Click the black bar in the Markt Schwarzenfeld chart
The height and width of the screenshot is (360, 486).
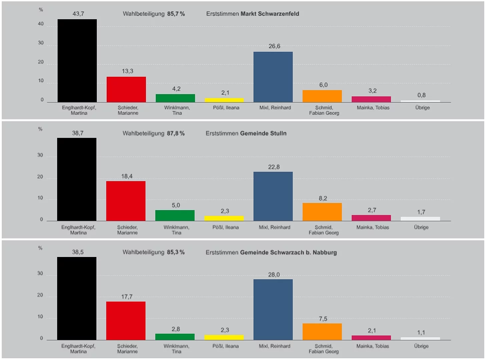point(77,61)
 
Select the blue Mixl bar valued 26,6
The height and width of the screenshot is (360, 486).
point(273,77)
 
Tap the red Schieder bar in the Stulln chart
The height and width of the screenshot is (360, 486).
point(126,201)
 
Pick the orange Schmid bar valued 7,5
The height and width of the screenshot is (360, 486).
point(322,332)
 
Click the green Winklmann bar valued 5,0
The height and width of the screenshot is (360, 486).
point(175,215)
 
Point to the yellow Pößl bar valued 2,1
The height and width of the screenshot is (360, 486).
point(224,100)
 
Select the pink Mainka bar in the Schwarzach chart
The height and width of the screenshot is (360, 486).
point(371,338)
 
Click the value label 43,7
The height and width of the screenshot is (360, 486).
point(78,14)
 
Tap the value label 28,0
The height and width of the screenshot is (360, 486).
point(274,275)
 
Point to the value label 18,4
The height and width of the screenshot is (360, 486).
point(127,176)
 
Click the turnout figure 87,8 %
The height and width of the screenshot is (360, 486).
point(176,133)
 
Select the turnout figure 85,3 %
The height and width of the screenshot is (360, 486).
point(176,252)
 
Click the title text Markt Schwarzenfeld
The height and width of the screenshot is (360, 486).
point(270,14)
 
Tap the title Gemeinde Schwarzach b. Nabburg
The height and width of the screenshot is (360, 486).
point(288,252)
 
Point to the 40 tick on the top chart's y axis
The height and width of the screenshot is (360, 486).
point(41,24)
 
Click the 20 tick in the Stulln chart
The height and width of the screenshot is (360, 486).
point(40,177)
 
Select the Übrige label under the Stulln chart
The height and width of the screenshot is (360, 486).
point(421,227)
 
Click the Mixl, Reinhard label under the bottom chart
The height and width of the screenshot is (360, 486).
point(275,346)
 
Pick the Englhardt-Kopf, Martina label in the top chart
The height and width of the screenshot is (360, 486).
point(79,110)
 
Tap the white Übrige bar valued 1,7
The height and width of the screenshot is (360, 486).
point(420,219)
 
